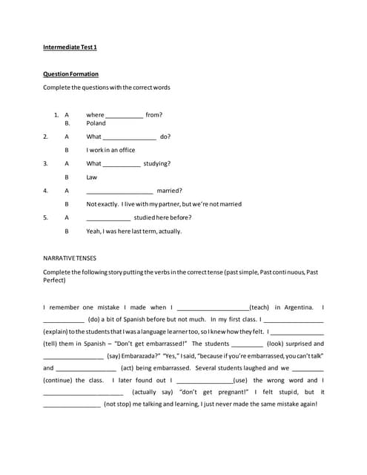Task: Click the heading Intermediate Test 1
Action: tap(70, 47)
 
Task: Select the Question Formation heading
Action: tap(70, 74)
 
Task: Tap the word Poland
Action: tap(96, 123)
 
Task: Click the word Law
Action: tap(92, 177)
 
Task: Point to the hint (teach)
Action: tap(259, 307)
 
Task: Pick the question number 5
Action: tap(45, 217)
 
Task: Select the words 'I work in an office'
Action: tap(110, 150)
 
